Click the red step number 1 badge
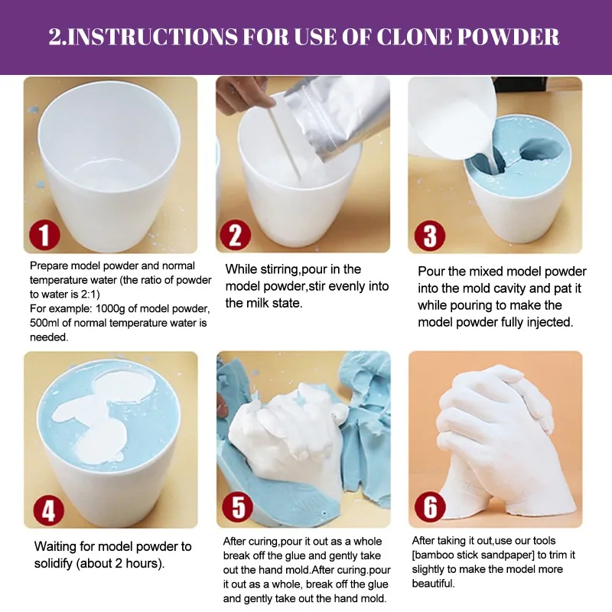pyautogui.click(x=44, y=235)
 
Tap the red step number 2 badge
pyautogui.click(x=236, y=235)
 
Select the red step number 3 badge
pyautogui.click(x=429, y=236)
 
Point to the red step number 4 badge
pyautogui.click(x=48, y=510)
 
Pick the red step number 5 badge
pyautogui.click(x=238, y=507)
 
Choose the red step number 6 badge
pyautogui.click(x=430, y=506)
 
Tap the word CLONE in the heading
pyautogui.click(x=414, y=37)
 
